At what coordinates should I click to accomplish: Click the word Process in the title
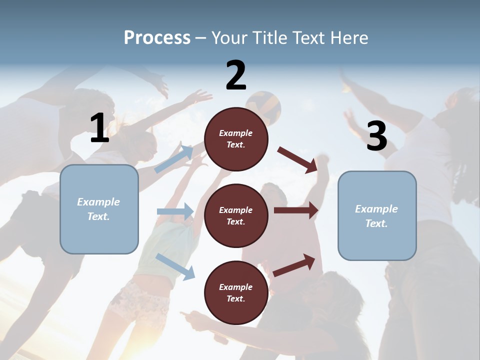tap(157, 37)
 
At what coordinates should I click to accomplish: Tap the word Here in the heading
tap(348, 37)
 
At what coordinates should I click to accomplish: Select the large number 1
tap(99, 128)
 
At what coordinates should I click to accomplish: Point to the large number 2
tap(236, 75)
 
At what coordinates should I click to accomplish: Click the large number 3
tap(376, 136)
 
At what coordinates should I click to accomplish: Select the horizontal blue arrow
tap(175, 211)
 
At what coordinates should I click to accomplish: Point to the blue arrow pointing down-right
tap(175, 266)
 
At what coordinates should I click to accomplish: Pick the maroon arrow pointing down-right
tap(297, 159)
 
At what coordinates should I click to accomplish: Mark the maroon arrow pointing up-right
tap(294, 265)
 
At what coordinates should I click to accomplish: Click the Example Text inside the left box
tap(98, 209)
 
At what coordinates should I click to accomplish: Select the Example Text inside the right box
tap(376, 216)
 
